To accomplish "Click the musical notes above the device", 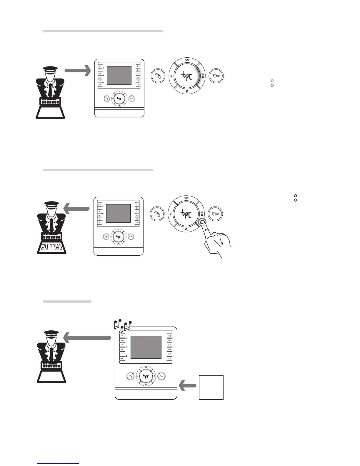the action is (x=123, y=324).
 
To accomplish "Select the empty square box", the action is (x=211, y=387).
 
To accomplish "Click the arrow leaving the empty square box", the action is (x=188, y=385).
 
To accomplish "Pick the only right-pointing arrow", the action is (x=77, y=70).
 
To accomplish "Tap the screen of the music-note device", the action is (x=146, y=347).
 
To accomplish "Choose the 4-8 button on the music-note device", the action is (x=169, y=349).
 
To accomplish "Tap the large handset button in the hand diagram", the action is (x=157, y=214).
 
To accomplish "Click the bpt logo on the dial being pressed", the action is (x=186, y=214).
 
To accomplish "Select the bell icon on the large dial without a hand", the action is (x=187, y=92).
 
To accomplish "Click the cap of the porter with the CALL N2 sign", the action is (x=51, y=204).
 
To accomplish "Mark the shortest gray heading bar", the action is (x=67, y=302).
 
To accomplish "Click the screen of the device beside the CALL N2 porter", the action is (x=118, y=213).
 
